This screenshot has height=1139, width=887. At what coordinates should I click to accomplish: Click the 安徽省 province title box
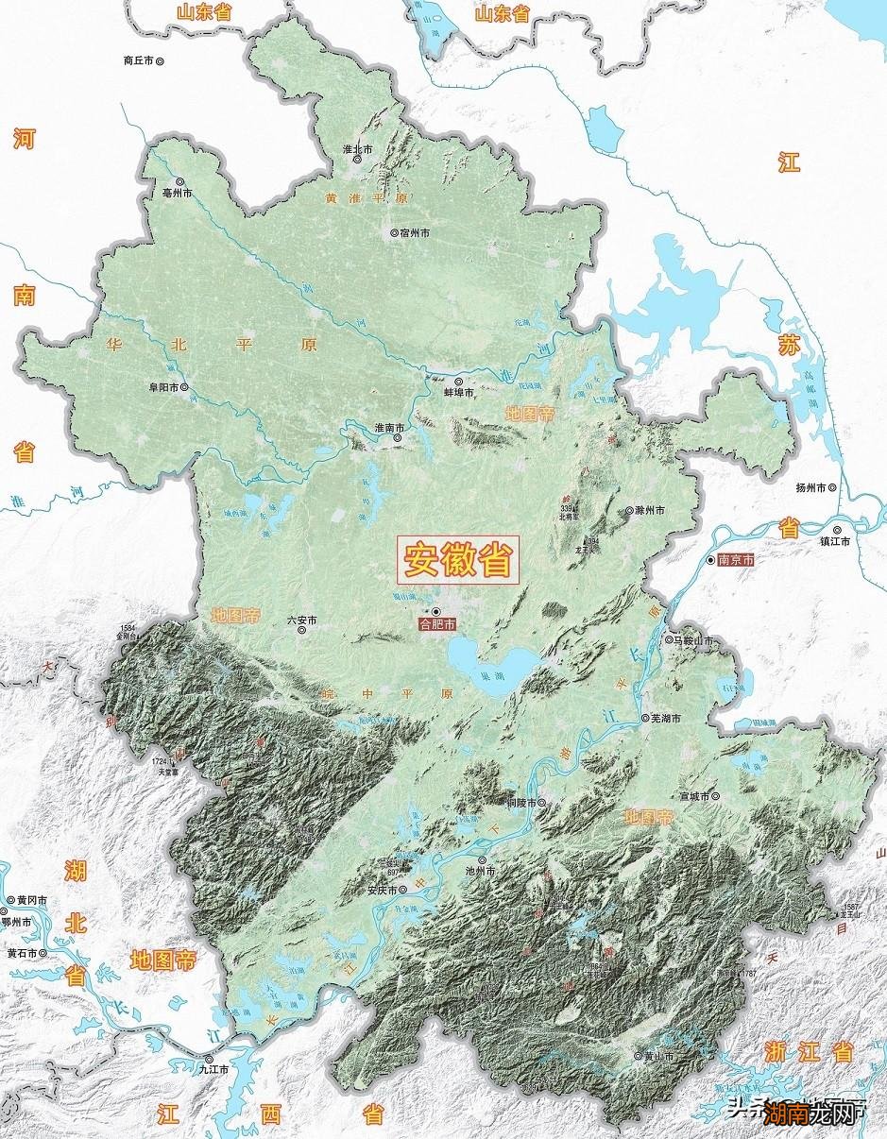(x=458, y=561)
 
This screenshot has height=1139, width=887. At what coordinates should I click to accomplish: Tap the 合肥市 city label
(x=437, y=624)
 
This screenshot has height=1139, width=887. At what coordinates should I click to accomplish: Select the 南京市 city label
(x=736, y=559)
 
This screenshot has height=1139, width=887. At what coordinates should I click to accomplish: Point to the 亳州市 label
(x=178, y=193)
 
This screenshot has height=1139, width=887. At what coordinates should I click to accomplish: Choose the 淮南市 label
(x=389, y=428)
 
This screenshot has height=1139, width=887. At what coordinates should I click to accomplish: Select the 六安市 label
(x=301, y=620)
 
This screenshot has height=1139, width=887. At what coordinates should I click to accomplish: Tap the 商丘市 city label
(x=139, y=60)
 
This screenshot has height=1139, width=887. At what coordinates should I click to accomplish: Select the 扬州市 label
(x=811, y=487)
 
